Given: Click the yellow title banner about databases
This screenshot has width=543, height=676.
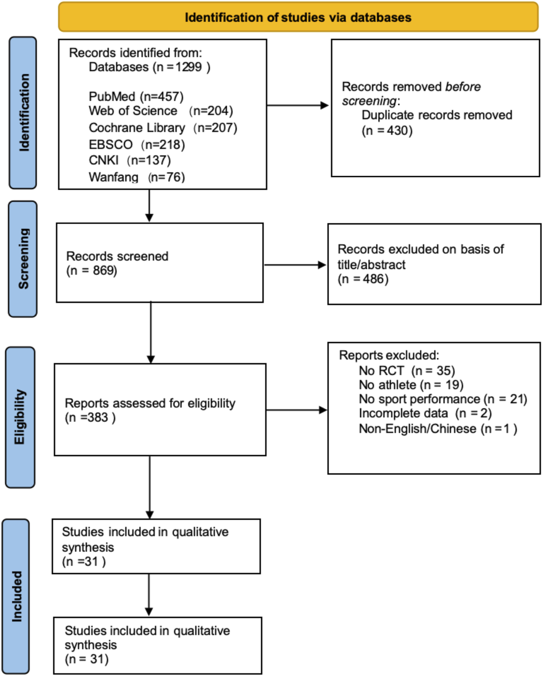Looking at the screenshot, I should pyautogui.click(x=298, y=17).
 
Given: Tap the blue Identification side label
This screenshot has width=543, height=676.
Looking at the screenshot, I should pyautogui.click(x=23, y=112).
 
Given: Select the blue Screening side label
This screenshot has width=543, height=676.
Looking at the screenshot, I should pyautogui.click(x=23, y=259).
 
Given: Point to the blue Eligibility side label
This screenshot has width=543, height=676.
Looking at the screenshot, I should pyautogui.click(x=20, y=417).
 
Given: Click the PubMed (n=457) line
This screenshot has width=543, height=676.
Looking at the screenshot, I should pyautogui.click(x=136, y=97).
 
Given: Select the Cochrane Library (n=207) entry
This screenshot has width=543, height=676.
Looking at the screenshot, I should pyautogui.click(x=163, y=128).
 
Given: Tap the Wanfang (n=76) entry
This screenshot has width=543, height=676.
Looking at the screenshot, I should pyautogui.click(x=137, y=177).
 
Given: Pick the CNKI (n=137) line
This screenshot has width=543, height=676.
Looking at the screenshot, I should pyautogui.click(x=130, y=160).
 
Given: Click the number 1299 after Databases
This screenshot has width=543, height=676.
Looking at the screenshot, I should pyautogui.click(x=188, y=67).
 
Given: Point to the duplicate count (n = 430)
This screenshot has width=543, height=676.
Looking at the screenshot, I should pyautogui.click(x=387, y=131).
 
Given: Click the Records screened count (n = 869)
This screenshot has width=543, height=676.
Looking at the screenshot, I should pyautogui.click(x=92, y=271).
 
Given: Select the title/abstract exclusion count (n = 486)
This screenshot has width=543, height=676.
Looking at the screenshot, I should pyautogui.click(x=363, y=279).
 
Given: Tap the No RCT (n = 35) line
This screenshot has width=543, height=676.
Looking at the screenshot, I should pyautogui.click(x=407, y=371).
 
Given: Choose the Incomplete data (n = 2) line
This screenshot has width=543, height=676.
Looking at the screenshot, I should pyautogui.click(x=425, y=413).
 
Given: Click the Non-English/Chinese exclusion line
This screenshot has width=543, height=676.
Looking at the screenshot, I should pyautogui.click(x=438, y=429).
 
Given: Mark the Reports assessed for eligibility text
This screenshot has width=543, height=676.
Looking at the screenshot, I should pyautogui.click(x=150, y=403).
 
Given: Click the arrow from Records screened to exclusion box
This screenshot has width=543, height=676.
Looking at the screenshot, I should pyautogui.click(x=294, y=265).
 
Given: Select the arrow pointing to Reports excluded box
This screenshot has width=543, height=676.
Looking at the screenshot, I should pyautogui.click(x=296, y=410).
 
